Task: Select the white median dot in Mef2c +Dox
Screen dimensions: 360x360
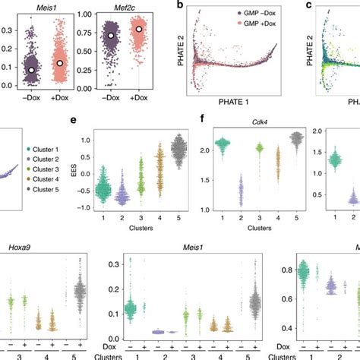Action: click(x=139, y=29)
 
